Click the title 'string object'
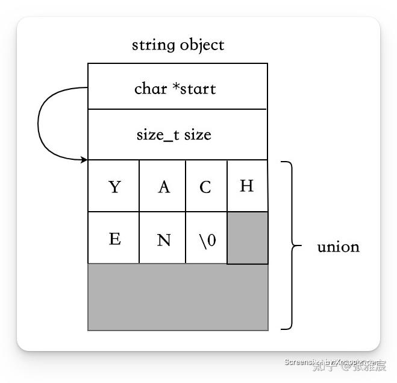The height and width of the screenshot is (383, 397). [178, 45]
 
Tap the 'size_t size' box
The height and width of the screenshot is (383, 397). [177, 135]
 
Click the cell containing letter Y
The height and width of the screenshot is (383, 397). [114, 186]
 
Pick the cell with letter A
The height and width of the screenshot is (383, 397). [163, 186]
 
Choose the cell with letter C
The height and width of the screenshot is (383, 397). [206, 186]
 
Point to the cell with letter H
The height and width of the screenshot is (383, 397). [247, 186]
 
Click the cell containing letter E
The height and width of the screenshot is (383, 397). [114, 238]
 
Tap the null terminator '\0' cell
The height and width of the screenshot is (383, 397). [206, 238]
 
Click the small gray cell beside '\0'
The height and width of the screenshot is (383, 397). [247, 238]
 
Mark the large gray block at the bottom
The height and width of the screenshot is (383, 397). [178, 297]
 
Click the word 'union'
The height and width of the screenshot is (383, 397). [338, 247]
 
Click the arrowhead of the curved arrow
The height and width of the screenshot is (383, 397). [84, 159]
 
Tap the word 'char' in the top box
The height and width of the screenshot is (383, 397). [151, 89]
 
